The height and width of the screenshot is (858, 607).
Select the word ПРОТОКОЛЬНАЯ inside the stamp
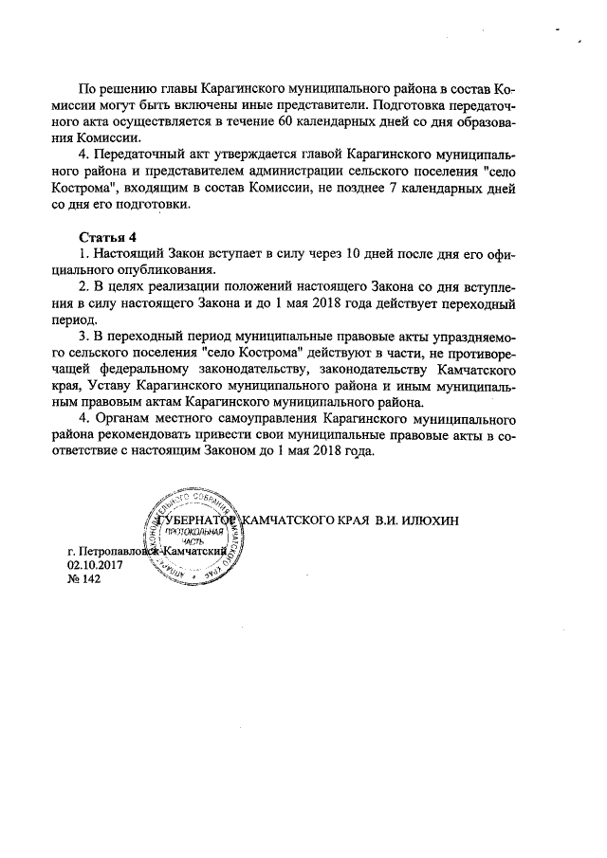pyautogui.click(x=193, y=532)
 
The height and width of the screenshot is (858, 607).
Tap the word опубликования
pyautogui.click(x=178, y=268)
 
